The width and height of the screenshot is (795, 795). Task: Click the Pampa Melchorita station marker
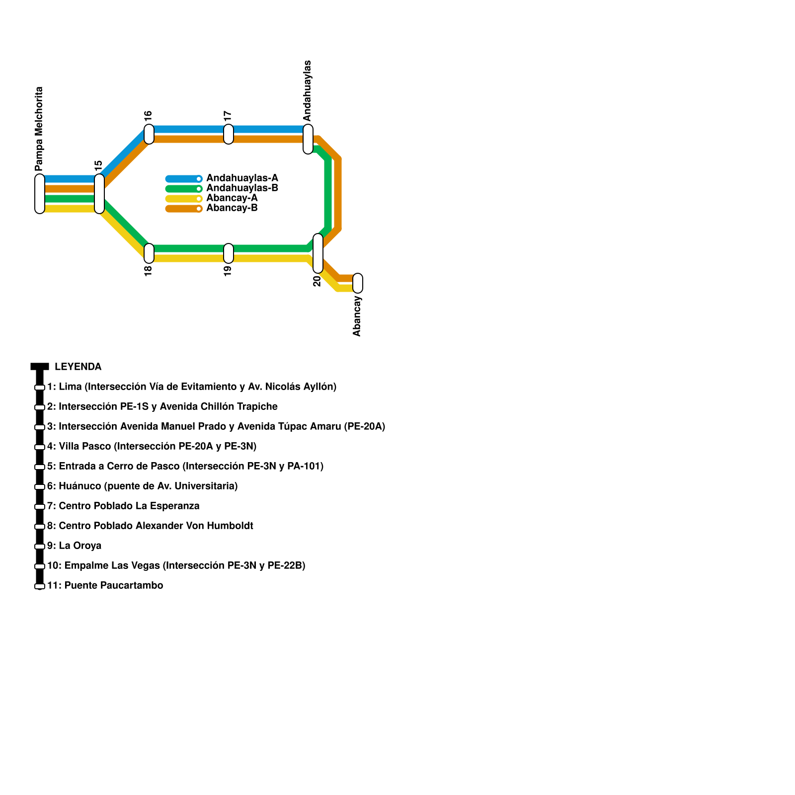[40, 194]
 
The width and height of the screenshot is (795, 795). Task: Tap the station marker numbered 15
[99, 194]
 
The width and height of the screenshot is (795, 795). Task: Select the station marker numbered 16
[149, 134]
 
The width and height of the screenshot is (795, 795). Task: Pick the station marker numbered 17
[229, 134]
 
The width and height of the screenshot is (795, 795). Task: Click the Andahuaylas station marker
[308, 139]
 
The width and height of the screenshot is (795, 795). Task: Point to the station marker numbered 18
[149, 253]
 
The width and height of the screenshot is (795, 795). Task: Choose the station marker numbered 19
[229, 253]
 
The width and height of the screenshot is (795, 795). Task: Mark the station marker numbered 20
[318, 253]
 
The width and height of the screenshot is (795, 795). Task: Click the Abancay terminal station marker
[358, 283]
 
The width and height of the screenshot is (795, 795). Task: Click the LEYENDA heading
[78, 367]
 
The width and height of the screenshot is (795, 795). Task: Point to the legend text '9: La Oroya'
[75, 546]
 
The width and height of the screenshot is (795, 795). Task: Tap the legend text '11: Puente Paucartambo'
[105, 585]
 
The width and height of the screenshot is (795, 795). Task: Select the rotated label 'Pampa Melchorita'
[39, 129]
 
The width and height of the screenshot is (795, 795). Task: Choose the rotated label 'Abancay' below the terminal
[357, 316]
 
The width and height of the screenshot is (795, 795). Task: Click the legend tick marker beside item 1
[40, 388]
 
